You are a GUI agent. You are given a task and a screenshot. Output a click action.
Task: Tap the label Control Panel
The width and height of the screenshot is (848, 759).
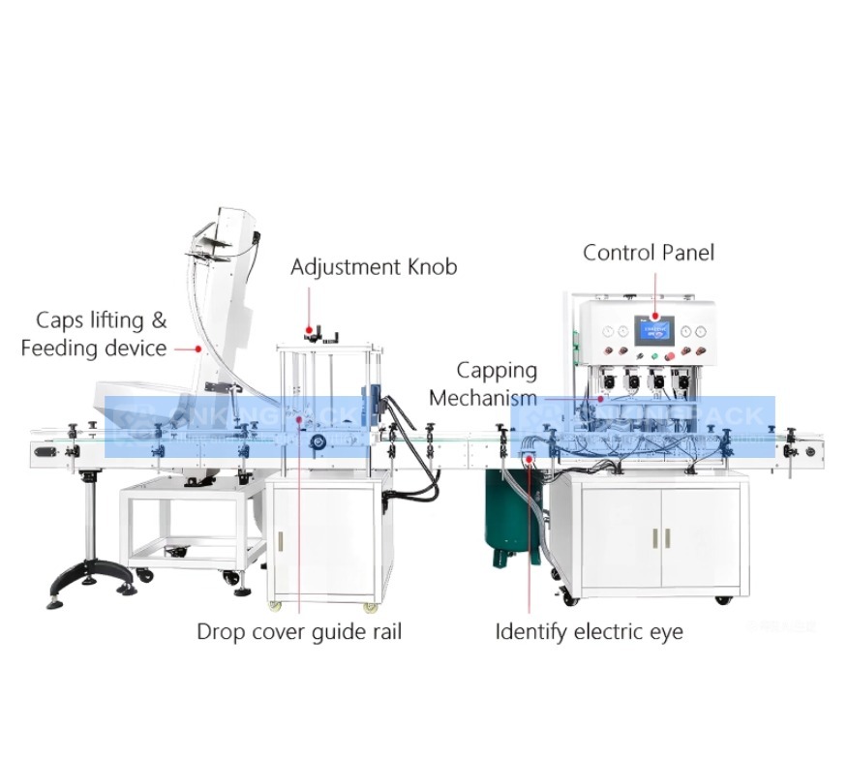pyautogui.click(x=648, y=253)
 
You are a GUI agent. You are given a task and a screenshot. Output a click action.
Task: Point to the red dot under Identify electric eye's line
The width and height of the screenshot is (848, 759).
pyautogui.click(x=530, y=462)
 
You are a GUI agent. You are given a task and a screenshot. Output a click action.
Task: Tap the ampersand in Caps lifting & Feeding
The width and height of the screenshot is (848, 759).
pyautogui.click(x=159, y=320)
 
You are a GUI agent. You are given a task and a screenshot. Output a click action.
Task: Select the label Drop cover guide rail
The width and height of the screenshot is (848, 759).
pyautogui.click(x=299, y=632)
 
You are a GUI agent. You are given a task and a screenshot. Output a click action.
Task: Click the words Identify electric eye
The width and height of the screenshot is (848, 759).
pyautogui.click(x=589, y=632)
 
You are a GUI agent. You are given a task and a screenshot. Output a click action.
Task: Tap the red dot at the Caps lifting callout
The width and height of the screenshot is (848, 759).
pyautogui.click(x=199, y=348)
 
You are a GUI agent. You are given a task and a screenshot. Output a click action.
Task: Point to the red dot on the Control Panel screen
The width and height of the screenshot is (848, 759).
pyautogui.click(x=654, y=316)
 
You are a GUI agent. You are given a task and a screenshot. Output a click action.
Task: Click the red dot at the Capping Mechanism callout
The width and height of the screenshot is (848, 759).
pyautogui.click(x=601, y=398)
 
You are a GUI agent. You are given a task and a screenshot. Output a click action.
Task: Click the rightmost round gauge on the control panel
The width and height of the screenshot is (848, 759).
pyautogui.click(x=701, y=332)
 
